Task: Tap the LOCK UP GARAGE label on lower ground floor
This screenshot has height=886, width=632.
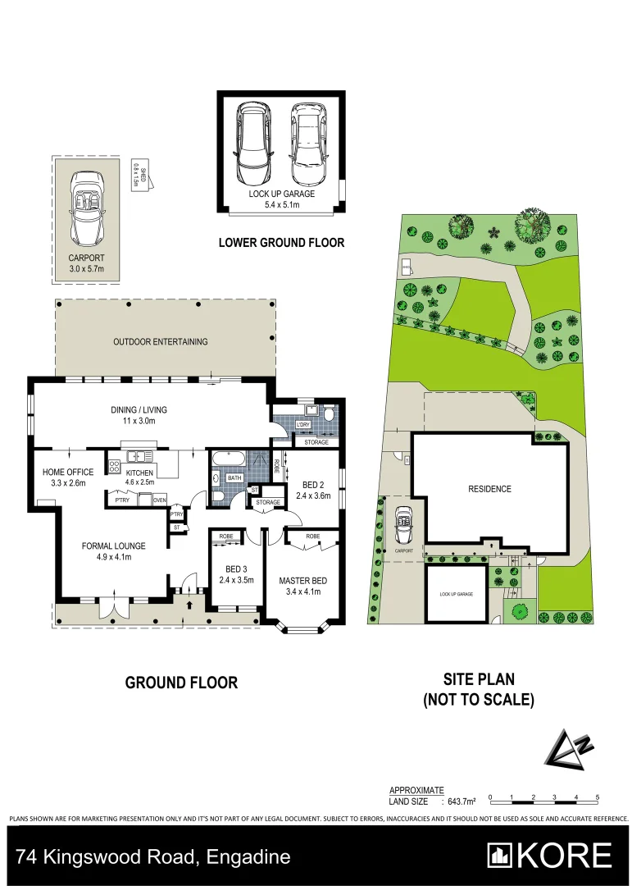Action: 281,194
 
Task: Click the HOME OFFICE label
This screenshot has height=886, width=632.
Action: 69,472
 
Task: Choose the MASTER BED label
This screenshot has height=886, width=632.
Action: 302,580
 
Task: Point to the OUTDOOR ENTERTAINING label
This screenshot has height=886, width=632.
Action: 161,341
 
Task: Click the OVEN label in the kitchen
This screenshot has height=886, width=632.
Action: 159,500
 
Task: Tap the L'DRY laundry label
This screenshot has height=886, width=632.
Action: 302,424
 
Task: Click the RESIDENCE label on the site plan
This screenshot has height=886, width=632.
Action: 489,489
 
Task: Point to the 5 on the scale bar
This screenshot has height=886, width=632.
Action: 598,797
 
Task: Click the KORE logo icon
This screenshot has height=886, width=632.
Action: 501,856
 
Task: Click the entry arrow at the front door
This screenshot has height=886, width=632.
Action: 190,605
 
